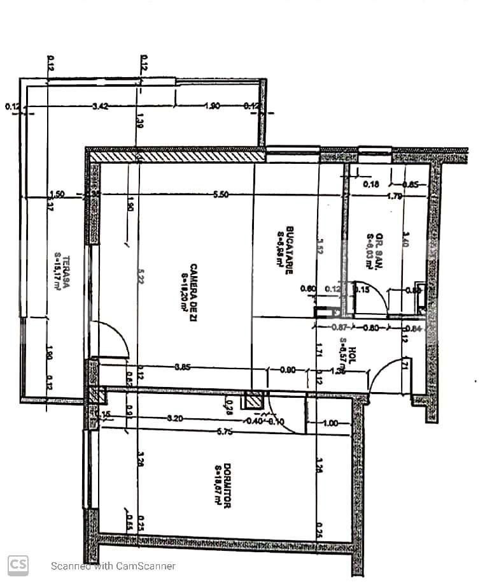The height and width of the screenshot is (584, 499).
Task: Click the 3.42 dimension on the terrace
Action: (x=100, y=106)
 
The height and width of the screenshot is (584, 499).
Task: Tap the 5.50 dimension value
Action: (x=221, y=195)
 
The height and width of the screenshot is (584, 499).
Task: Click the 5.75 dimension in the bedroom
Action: (x=224, y=432)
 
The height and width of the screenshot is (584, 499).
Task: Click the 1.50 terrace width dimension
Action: (x=57, y=195)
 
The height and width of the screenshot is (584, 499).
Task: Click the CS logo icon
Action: (x=18, y=564)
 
